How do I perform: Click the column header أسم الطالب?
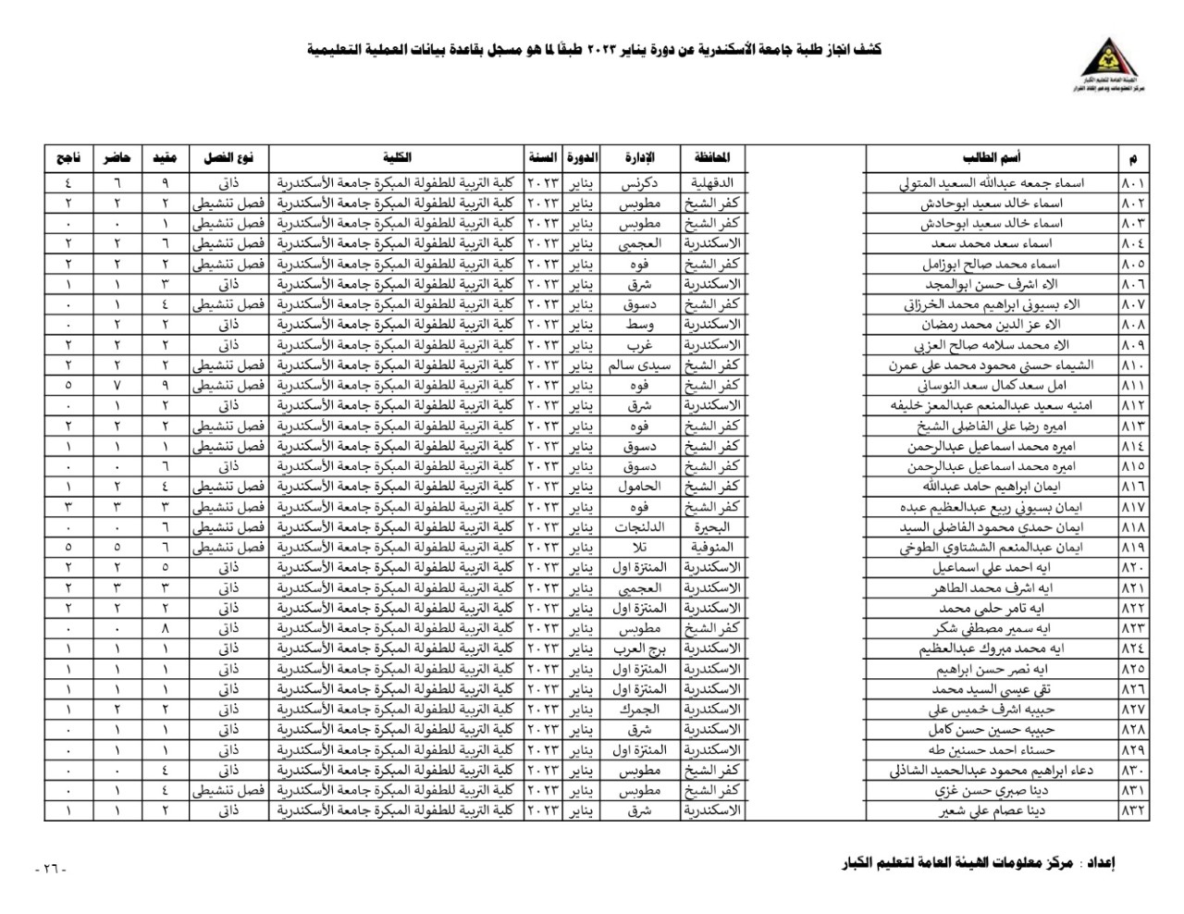tap(1017, 158)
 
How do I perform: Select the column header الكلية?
tap(397, 158)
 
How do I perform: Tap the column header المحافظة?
tap(712, 158)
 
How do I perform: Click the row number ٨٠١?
tap(1133, 182)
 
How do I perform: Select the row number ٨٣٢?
tap(1133, 810)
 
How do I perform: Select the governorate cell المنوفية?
tap(712, 547)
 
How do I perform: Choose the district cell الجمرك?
tap(640, 709)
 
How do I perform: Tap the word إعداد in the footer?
tap(1098, 865)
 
